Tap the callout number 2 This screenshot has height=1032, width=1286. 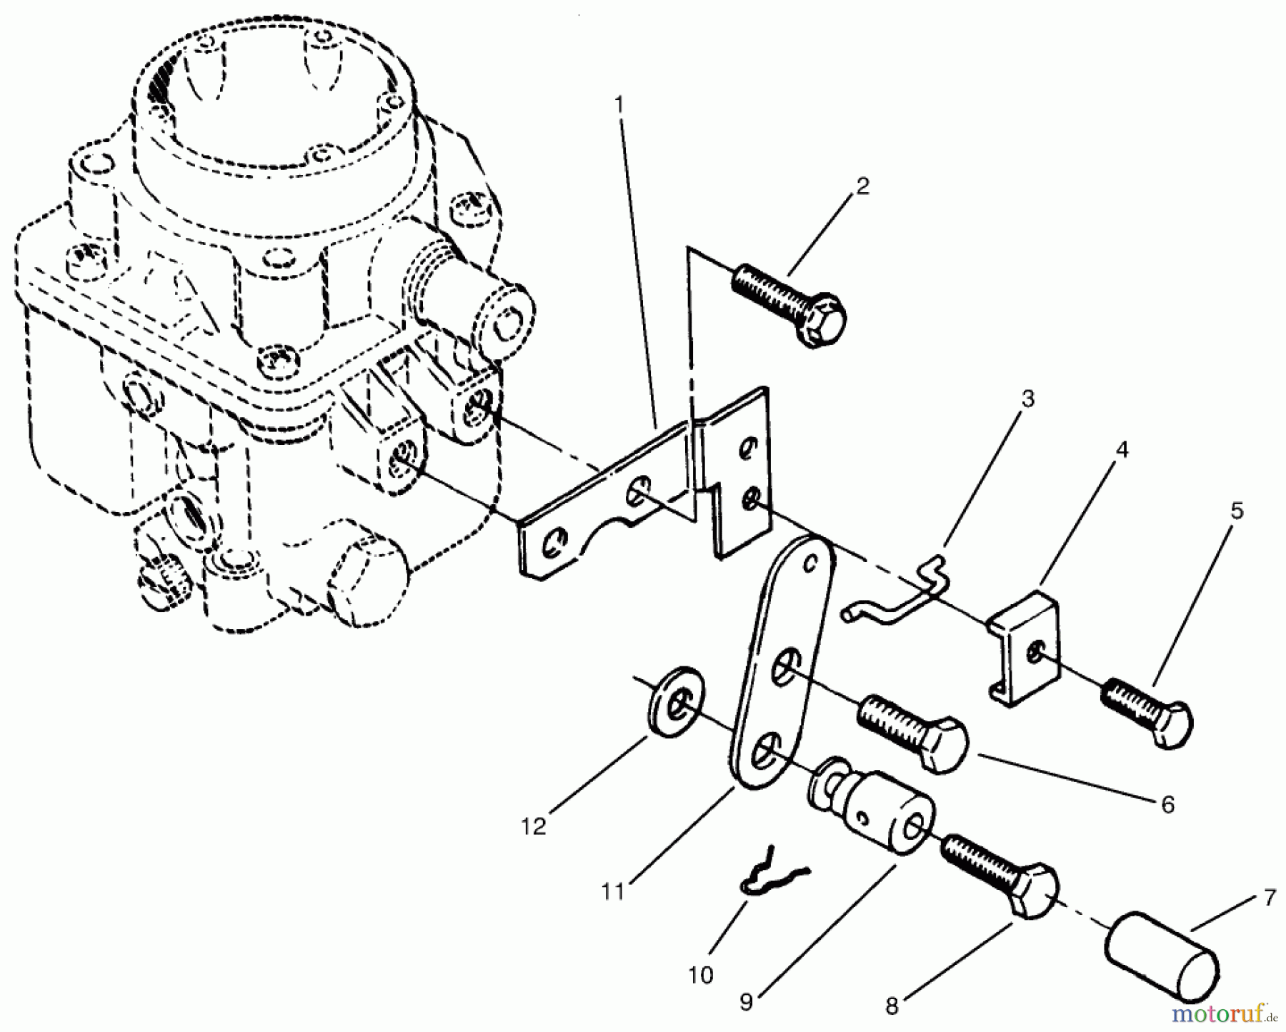(862, 187)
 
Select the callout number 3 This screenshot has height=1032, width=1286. (1027, 399)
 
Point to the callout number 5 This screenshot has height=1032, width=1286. (1237, 511)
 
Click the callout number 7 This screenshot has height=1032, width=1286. (1270, 898)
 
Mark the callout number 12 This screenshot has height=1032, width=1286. (534, 826)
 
